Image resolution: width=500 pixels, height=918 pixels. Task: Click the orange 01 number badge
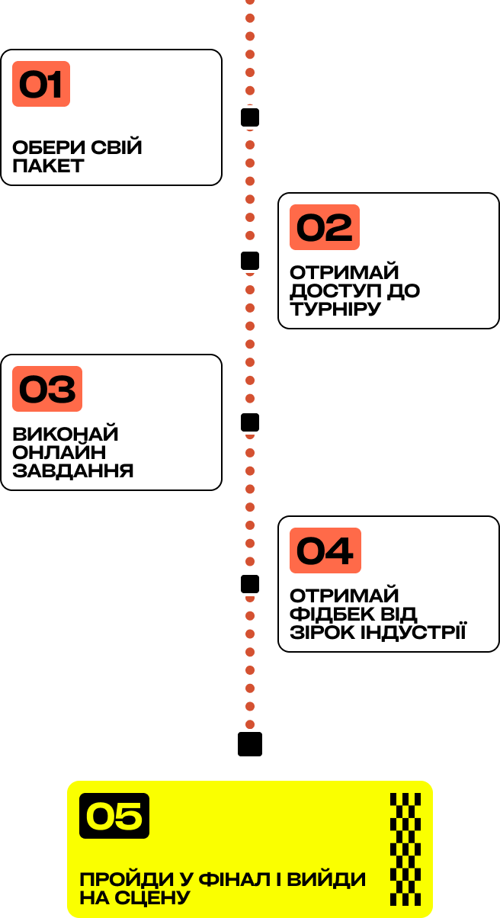click(41, 84)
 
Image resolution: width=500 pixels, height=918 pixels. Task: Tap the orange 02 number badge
click(324, 227)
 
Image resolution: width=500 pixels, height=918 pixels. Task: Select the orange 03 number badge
click(47, 389)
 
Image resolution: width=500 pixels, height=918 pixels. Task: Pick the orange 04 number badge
click(325, 550)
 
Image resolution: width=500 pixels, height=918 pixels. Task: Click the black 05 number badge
click(114, 816)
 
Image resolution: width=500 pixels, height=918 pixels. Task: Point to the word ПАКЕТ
click(48, 165)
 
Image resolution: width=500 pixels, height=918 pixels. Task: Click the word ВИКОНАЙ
click(66, 434)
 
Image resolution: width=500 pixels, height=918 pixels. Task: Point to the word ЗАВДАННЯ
click(73, 470)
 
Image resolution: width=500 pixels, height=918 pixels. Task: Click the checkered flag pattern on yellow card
click(405, 849)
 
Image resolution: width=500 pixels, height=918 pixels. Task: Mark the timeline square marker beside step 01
click(250, 117)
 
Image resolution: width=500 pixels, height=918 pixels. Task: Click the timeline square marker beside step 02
click(250, 261)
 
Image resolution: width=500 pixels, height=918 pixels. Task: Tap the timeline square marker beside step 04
click(250, 584)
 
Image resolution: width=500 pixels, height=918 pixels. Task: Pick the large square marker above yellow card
click(250, 744)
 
